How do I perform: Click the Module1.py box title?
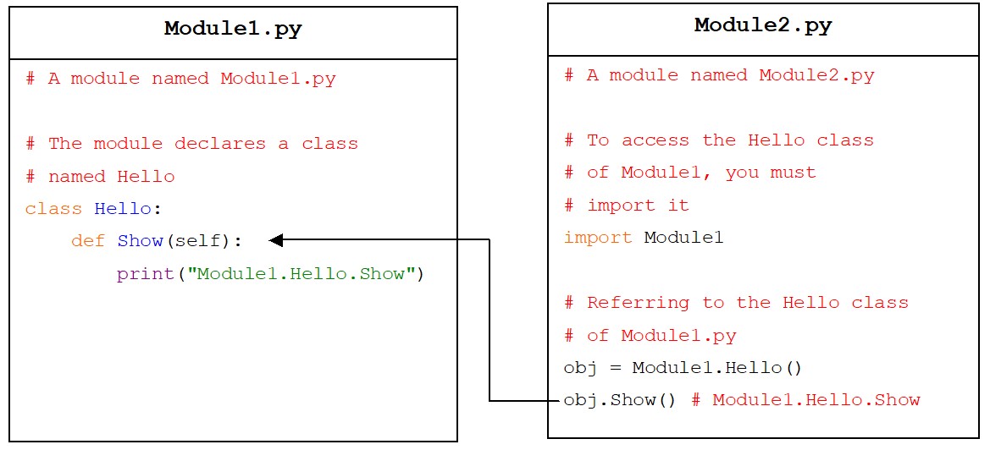pos(233,29)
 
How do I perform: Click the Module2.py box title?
pos(763,26)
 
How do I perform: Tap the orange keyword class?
pos(53,209)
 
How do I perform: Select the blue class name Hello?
pos(123,209)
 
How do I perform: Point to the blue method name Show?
pos(141,241)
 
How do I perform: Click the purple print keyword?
pos(145,274)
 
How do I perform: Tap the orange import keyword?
pos(598,238)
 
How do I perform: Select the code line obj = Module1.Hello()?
pos(683,367)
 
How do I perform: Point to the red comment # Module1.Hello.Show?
pos(805,400)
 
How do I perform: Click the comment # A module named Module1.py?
pos(180,79)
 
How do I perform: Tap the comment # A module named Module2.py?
pos(719,75)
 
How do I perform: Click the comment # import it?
pos(627,206)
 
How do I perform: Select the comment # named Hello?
pos(100,177)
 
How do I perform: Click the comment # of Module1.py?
pos(650,335)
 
